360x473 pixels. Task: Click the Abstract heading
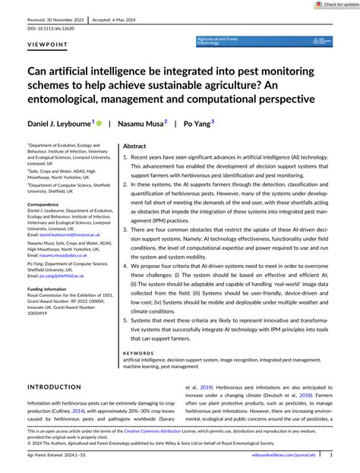point(134,125)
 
